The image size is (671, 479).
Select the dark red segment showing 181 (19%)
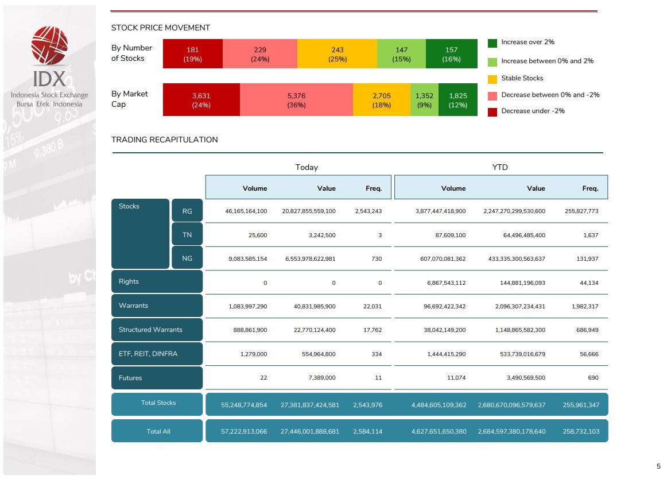193,54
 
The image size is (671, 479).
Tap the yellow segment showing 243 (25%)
337,54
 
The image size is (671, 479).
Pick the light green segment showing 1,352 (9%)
424,100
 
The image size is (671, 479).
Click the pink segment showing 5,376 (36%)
296,100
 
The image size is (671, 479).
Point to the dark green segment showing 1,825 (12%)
458,100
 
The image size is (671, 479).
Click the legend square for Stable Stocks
492,79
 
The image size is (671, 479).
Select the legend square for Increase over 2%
492,43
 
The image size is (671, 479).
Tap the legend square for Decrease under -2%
492,112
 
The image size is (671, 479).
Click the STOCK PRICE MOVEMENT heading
161,28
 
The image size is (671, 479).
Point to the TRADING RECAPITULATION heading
165,140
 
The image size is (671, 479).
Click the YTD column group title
500,167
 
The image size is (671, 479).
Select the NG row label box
187,258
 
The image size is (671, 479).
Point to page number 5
658,466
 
